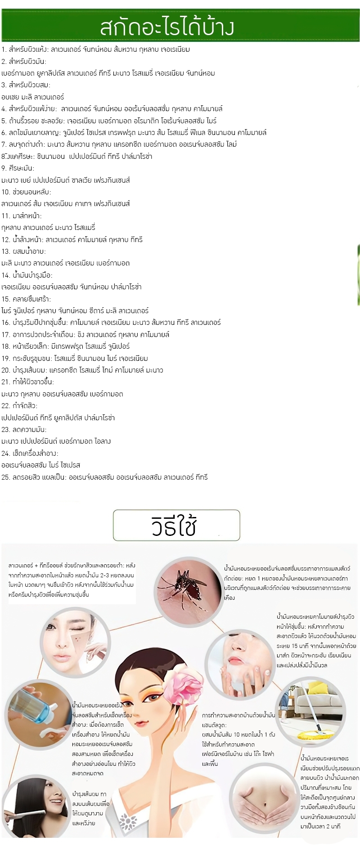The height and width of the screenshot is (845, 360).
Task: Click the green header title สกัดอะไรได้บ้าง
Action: click(167, 27)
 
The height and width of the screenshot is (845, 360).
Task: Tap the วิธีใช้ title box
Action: click(176, 525)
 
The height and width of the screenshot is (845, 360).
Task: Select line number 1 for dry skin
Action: click(95, 49)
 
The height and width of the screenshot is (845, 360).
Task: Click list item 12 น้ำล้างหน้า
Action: click(72, 239)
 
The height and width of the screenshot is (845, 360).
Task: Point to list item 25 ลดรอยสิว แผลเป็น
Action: click(104, 477)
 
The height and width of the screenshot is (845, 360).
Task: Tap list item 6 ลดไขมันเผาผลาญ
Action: click(134, 132)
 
